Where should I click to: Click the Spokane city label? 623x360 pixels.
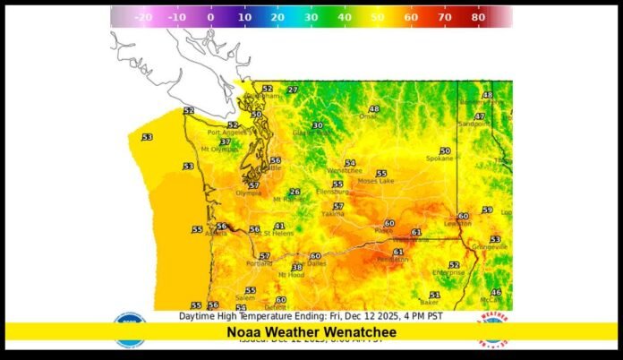pyautogui.click(x=440, y=159)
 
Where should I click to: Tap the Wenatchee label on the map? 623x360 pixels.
pyautogui.click(x=344, y=170)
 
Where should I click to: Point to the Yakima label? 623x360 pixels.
pyautogui.click(x=332, y=215)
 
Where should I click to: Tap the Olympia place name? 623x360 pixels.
pyautogui.click(x=249, y=193)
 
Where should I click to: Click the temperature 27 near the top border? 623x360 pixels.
pyautogui.click(x=293, y=90)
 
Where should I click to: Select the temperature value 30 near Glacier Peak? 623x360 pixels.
pyautogui.click(x=317, y=125)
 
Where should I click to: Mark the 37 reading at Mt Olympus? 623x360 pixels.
pyautogui.click(x=226, y=141)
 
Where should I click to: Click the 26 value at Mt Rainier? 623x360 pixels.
pyautogui.click(x=294, y=192)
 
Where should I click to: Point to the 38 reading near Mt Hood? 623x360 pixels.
pyautogui.click(x=297, y=267)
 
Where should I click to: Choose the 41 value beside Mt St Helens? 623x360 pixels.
pyautogui.click(x=279, y=227)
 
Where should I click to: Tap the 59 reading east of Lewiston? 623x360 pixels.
pyautogui.click(x=487, y=210)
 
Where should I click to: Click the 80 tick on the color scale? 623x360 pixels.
pyautogui.click(x=478, y=17)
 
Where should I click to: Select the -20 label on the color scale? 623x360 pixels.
pyautogui.click(x=141, y=17)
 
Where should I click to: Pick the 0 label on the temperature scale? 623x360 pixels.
pyautogui.click(x=209, y=17)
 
